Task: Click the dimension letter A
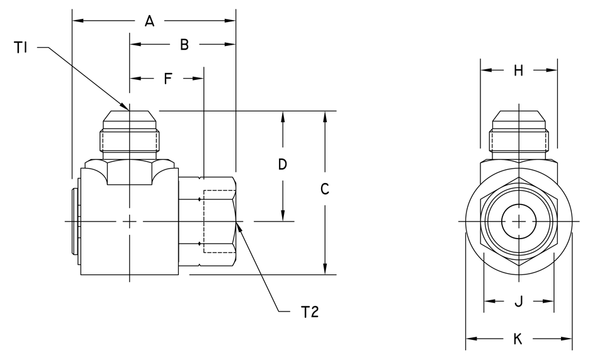(x=149, y=21)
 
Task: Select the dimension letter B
(x=184, y=45)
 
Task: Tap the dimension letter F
(x=168, y=79)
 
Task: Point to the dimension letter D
(x=282, y=164)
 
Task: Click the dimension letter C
(x=324, y=189)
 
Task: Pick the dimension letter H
(x=518, y=70)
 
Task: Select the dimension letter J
(x=518, y=301)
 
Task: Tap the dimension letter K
(x=518, y=339)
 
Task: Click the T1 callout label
(x=21, y=48)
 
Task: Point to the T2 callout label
(x=310, y=312)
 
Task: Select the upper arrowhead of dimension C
(x=325, y=117)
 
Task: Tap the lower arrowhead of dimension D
(x=283, y=215)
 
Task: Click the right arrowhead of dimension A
(x=230, y=21)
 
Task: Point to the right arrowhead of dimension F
(x=198, y=79)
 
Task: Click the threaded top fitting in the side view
(x=130, y=135)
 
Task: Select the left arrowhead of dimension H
(x=487, y=70)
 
